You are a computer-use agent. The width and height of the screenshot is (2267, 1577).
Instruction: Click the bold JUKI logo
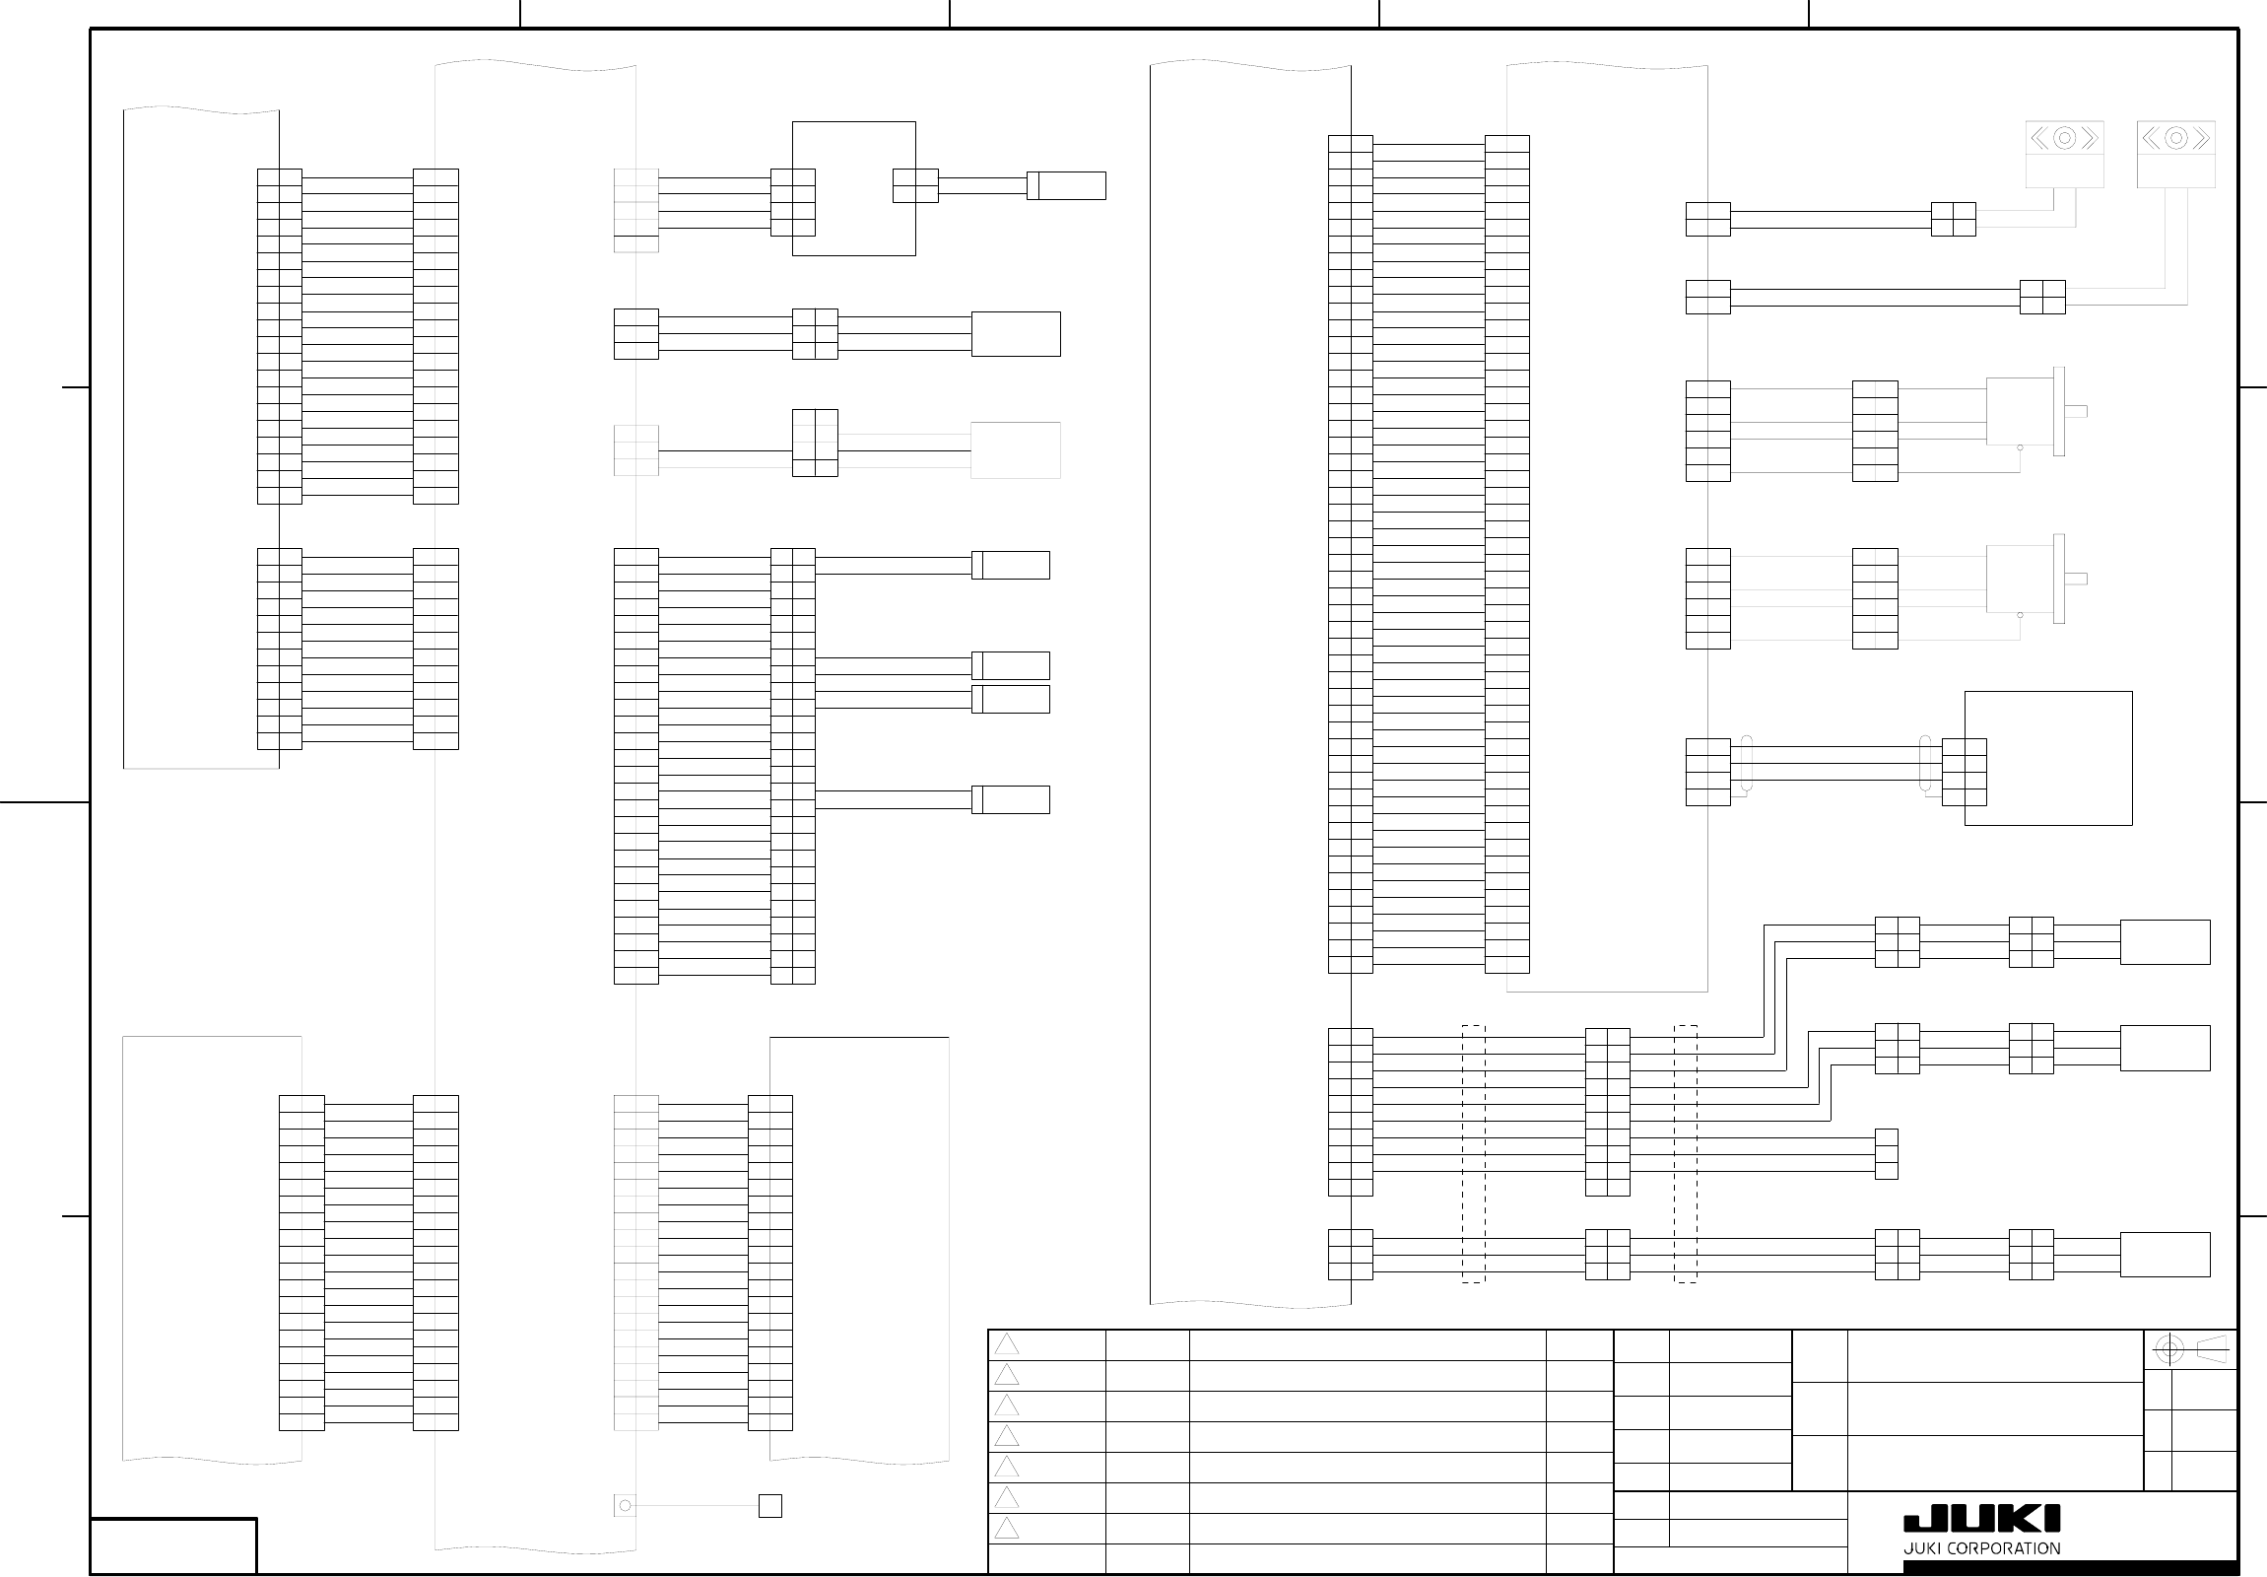coord(1980,1519)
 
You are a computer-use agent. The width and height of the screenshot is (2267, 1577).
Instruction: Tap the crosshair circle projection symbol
coord(2168,1349)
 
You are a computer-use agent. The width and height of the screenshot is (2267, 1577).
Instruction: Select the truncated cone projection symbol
coord(2212,1349)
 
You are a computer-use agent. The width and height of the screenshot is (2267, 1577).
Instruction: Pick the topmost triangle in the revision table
coord(1006,1344)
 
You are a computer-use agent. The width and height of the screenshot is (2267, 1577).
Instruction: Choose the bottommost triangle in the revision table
coord(1006,1529)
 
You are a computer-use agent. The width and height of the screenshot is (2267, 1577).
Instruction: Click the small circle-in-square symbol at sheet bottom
coord(625,1505)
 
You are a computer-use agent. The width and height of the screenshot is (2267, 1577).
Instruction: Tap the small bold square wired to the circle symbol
coord(770,1506)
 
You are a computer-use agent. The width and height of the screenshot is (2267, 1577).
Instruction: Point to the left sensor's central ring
coord(2064,138)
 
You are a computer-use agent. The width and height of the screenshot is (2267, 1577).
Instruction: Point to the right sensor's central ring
coord(2175,138)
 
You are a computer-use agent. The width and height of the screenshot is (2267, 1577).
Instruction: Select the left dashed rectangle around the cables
coord(1473,1153)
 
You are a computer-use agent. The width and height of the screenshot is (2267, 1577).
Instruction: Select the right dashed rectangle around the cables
coord(1686,1153)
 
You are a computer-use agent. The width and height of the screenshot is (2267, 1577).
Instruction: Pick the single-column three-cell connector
coord(1886,1153)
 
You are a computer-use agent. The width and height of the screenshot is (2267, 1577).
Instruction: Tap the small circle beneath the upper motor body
coord(2020,448)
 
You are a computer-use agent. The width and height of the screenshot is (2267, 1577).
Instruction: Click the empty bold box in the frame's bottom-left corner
coord(173,1545)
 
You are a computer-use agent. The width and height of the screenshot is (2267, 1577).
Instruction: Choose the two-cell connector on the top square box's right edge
coord(915,185)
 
